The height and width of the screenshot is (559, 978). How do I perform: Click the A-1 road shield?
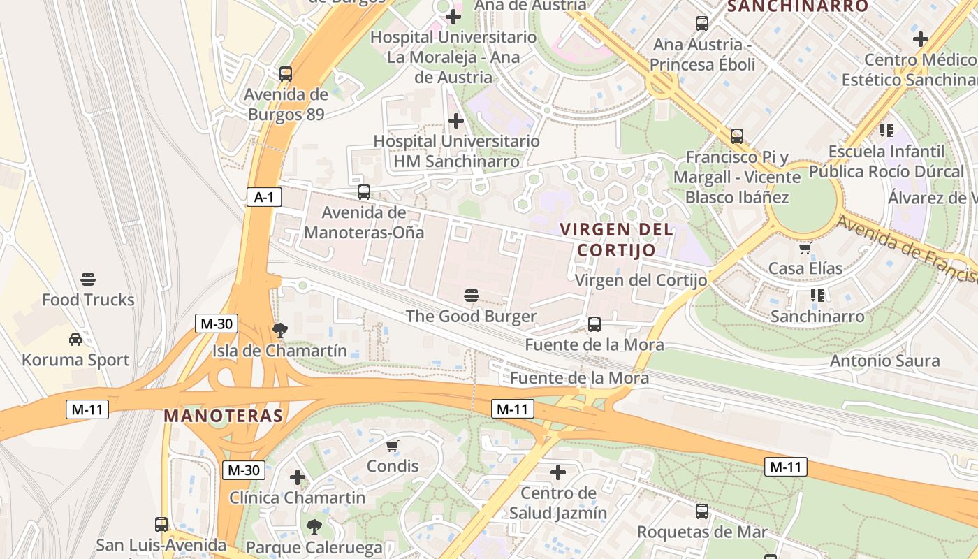tap(263, 198)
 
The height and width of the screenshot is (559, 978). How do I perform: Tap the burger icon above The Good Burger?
tap(472, 296)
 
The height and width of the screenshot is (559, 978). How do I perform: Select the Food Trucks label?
tap(88, 300)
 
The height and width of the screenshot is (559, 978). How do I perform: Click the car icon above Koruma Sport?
tap(75, 340)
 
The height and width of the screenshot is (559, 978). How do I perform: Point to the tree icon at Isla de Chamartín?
tap(280, 330)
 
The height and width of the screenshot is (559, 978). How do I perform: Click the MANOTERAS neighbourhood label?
tap(223, 416)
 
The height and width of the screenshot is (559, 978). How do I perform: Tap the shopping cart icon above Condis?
tap(393, 446)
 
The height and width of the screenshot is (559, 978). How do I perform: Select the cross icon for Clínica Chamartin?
tap(298, 477)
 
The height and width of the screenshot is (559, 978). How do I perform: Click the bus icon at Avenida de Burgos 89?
tap(285, 73)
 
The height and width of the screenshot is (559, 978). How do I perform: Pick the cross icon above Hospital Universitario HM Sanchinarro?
tap(456, 121)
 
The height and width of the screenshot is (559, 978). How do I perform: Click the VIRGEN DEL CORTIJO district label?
tap(617, 240)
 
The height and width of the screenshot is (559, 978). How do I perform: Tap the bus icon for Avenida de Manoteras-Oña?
tap(364, 192)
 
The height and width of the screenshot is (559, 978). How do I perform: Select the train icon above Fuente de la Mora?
tap(594, 324)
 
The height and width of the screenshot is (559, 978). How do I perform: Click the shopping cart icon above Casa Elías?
tap(805, 248)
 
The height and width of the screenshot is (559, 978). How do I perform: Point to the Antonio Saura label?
tap(884, 361)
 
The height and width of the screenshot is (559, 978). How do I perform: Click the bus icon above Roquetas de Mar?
tap(702, 511)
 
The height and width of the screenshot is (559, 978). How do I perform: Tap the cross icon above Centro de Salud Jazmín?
tap(558, 472)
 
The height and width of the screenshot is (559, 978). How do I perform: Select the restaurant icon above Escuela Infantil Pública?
tap(886, 130)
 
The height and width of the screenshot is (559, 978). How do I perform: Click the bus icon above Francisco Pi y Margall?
tap(737, 136)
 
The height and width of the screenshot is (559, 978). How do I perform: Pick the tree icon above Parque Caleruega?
tap(314, 526)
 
